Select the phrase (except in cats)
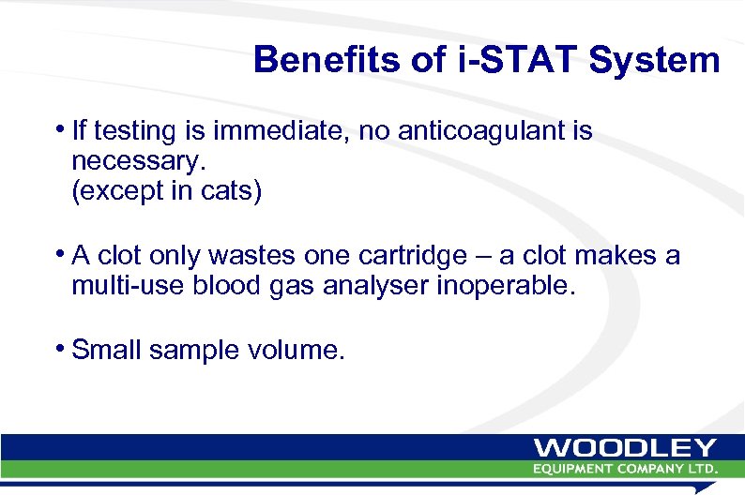166,192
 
